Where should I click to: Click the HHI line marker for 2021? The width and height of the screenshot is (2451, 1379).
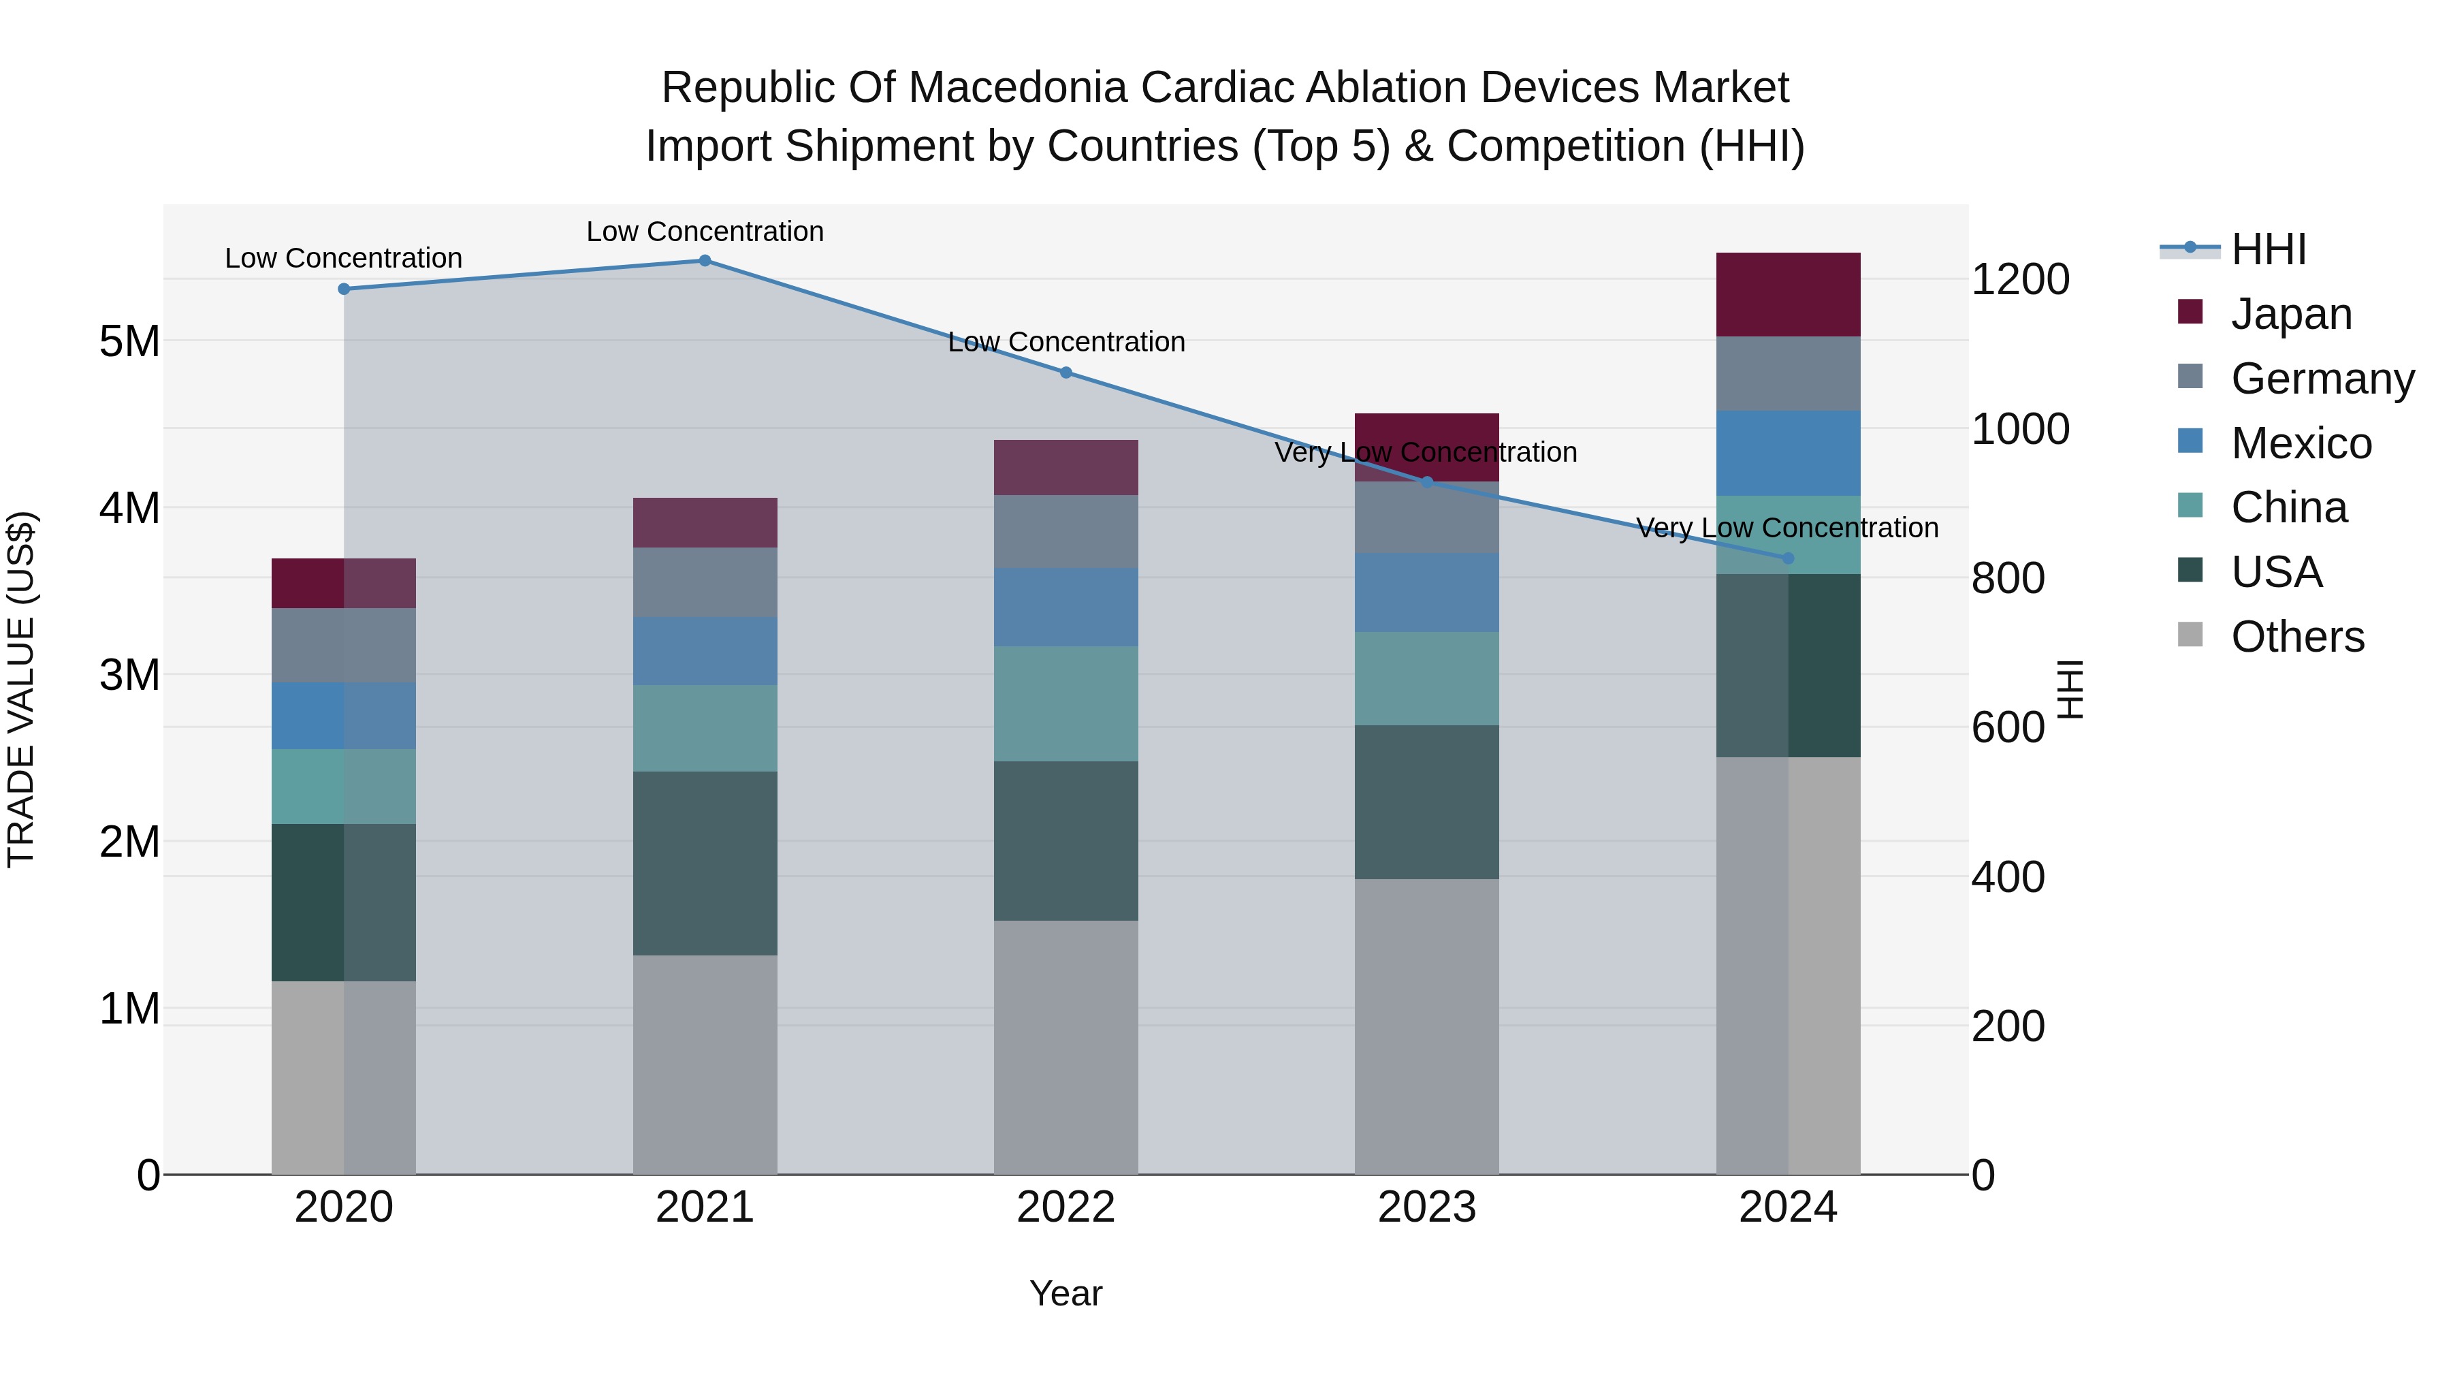(705, 261)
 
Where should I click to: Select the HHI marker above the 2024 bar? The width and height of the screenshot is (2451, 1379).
(1788, 558)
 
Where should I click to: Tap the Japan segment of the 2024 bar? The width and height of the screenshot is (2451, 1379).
(1788, 294)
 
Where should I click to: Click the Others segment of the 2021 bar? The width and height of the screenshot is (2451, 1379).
(705, 1064)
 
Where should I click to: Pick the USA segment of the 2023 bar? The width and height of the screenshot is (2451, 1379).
(1426, 802)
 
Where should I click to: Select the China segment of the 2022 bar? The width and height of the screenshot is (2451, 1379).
(1066, 703)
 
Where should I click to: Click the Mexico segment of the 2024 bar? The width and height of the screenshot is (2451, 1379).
(1788, 453)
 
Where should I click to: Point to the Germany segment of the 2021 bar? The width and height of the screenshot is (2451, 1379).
(705, 582)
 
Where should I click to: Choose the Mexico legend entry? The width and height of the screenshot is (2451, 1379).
(2300, 443)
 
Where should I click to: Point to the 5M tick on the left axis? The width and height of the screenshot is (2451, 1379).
(129, 340)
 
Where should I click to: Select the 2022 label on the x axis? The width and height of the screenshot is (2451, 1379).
(1066, 1207)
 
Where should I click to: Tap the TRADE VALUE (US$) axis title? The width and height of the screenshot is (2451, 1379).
(21, 689)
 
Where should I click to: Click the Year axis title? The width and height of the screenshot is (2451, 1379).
(1066, 1293)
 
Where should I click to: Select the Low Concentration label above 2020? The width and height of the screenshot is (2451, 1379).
(344, 258)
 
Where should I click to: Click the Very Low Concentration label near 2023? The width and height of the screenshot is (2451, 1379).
(1425, 452)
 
